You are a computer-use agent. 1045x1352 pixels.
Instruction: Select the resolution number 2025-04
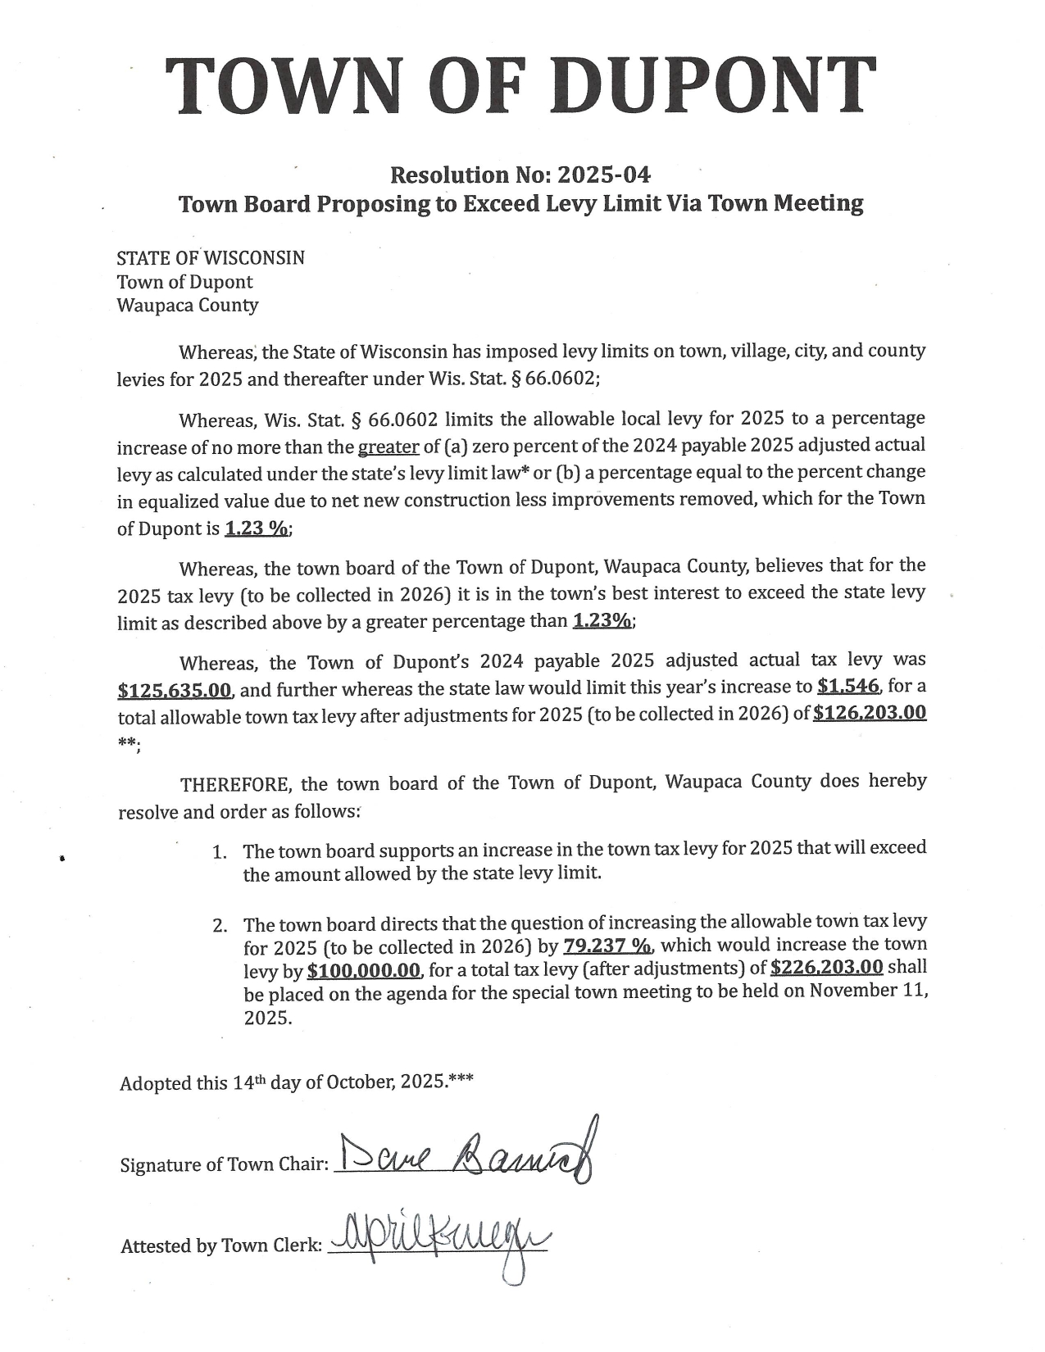pyautogui.click(x=604, y=175)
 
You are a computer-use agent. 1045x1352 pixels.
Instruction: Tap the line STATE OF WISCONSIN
pyautogui.click(x=211, y=258)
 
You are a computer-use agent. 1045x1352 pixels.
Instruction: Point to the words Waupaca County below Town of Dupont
pyautogui.click(x=187, y=306)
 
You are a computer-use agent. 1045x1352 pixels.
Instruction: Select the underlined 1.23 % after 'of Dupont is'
pyautogui.click(x=257, y=529)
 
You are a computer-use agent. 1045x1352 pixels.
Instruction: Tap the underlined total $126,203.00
pyautogui.click(x=870, y=712)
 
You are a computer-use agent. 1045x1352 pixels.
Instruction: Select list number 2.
pyautogui.click(x=219, y=927)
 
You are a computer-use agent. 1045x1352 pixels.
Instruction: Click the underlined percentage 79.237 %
pyautogui.click(x=607, y=946)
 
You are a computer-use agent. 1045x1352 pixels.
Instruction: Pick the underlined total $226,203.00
pyautogui.click(x=827, y=968)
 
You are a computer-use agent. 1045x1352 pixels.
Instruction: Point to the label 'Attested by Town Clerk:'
pyautogui.click(x=221, y=1246)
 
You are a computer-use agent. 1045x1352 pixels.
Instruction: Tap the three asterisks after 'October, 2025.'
pyautogui.click(x=461, y=1081)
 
